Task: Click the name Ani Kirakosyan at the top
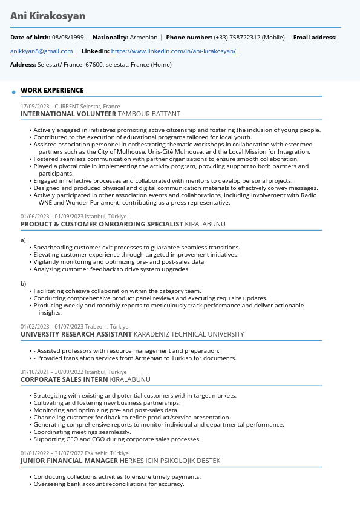pos(48,16)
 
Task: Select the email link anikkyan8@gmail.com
pos(41,51)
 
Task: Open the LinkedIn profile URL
pos(174,51)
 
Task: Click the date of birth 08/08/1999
pos(68,38)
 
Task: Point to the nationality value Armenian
pos(143,38)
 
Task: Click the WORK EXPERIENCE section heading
pos(52,91)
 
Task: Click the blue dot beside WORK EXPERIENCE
pos(13,92)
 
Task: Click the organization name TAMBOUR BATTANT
pos(149,114)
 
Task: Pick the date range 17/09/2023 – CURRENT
pos(50,107)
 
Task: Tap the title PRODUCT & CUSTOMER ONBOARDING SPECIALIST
pos(102,224)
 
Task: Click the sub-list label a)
pos(23,240)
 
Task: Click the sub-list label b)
pos(23,284)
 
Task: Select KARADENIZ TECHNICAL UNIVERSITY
pos(189,334)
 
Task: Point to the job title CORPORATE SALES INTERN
pos(64,379)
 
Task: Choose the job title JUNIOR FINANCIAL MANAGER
pos(70,461)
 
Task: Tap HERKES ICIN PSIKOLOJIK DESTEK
pos(170,461)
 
